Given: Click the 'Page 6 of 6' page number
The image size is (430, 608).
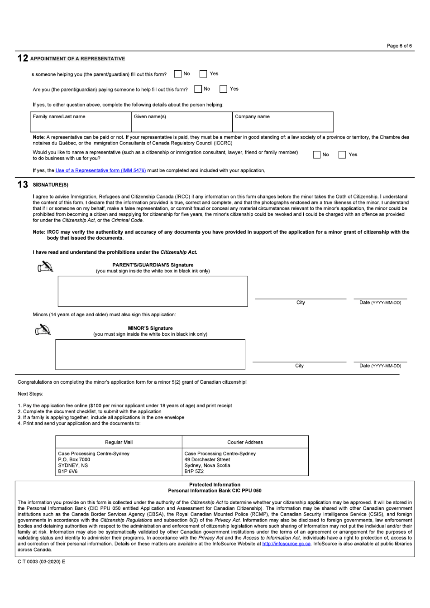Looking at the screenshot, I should pos(399,46).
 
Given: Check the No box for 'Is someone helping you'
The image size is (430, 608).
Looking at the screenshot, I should pos(178,74).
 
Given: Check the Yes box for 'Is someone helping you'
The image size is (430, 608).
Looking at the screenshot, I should pos(204,74).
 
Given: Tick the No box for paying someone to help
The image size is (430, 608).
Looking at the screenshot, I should pos(198,89).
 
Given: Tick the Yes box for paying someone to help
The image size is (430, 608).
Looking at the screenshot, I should pos(224,89).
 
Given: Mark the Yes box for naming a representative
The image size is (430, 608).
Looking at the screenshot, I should pos(342,155).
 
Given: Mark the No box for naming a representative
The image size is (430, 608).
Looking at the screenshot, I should pos(317,155).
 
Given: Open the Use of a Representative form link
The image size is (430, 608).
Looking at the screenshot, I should pos(100,171).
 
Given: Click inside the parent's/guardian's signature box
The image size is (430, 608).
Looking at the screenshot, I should pos(153,291).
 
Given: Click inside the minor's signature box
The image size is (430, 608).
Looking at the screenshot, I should pos(150,354).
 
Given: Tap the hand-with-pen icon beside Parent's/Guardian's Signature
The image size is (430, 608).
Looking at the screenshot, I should pos(45,267).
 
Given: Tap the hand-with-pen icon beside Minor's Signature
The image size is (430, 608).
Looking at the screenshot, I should pos(43,330).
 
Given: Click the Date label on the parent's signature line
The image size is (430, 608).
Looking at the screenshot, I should pos(380,303).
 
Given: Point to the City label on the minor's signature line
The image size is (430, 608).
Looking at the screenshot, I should pos(299,366).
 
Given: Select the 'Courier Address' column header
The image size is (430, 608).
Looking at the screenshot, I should pos(245,442).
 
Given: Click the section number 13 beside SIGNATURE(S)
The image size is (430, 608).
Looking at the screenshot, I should pos(23,185).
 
